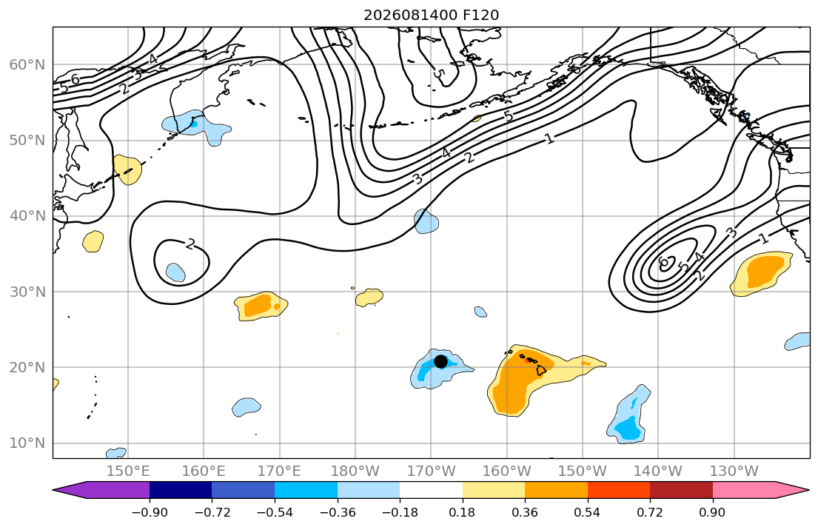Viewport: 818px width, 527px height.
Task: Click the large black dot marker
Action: (x=440, y=361)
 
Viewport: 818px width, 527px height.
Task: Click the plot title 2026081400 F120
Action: (x=432, y=15)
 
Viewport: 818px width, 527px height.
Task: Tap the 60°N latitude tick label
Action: (x=27, y=64)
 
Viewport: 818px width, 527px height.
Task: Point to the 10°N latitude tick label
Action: (x=27, y=443)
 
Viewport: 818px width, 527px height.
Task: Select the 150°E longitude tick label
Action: (x=128, y=471)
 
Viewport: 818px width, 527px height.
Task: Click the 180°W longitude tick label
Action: (x=355, y=471)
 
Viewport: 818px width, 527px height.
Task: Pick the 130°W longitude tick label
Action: (x=734, y=471)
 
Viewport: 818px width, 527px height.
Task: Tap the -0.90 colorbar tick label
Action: (x=150, y=512)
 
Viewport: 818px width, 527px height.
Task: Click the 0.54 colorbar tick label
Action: (x=588, y=512)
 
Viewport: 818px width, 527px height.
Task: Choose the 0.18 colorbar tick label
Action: (x=462, y=512)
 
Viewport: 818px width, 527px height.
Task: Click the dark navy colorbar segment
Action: (x=181, y=490)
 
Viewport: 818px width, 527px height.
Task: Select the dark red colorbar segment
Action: (x=681, y=490)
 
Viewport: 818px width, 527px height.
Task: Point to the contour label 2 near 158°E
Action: (x=190, y=244)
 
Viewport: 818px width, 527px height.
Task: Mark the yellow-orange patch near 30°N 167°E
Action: (x=261, y=306)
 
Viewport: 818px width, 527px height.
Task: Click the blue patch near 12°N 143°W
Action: (x=628, y=414)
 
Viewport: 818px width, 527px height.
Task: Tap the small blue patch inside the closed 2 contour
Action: (x=175, y=272)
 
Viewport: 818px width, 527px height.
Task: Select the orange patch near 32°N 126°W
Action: (x=760, y=273)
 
